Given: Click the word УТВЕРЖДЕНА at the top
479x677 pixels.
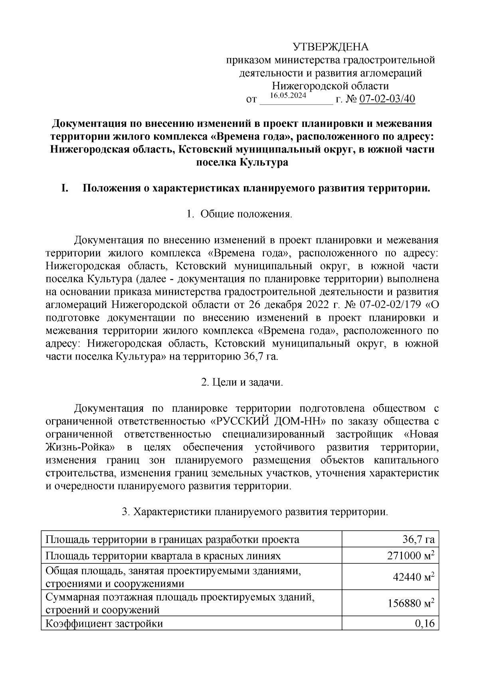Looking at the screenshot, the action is [x=331, y=47].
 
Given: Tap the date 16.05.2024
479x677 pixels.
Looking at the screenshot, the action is [x=288, y=96].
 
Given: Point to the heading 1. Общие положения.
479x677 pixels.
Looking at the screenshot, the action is [x=239, y=214].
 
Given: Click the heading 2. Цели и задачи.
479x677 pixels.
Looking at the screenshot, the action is [x=242, y=383].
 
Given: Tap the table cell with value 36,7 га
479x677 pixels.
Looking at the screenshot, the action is [x=418, y=540].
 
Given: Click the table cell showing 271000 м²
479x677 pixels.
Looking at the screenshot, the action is [x=411, y=556].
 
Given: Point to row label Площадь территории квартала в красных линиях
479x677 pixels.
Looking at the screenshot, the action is [x=163, y=556].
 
